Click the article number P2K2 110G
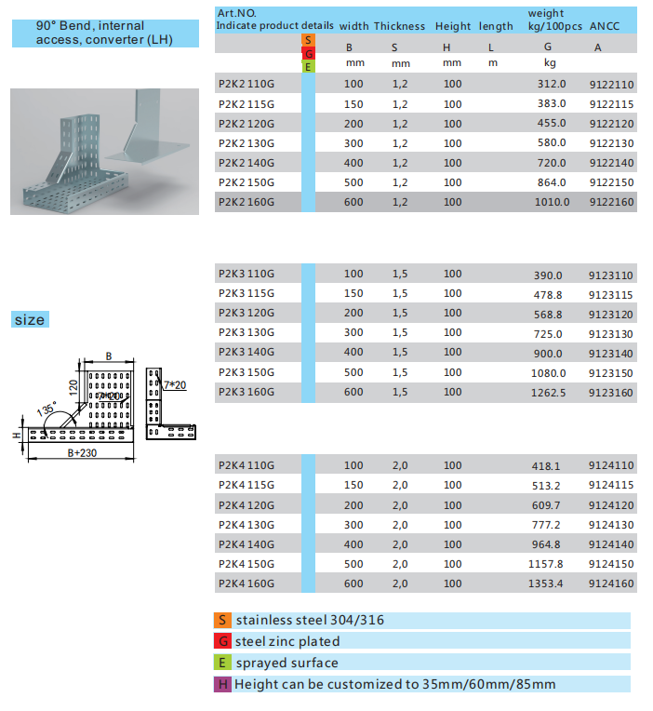tap(246, 84)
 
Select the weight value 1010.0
tap(552, 202)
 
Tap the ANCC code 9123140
tap(611, 353)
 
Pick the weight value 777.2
tap(548, 526)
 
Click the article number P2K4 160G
tap(246, 584)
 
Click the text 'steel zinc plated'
tap(287, 641)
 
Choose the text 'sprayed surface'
tap(287, 663)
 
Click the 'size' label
tap(29, 320)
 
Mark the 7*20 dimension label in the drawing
tap(175, 383)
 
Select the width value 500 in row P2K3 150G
tap(353, 372)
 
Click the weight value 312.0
tap(552, 84)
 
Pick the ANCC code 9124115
tap(611, 485)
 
